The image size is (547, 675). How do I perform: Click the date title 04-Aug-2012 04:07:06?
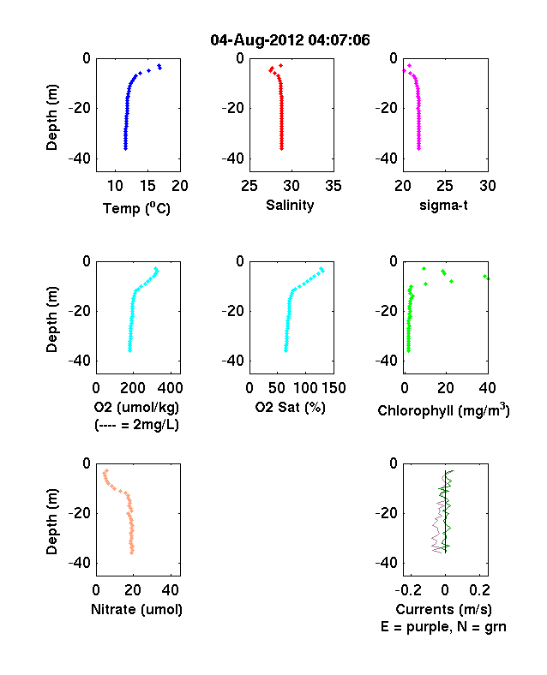click(290, 40)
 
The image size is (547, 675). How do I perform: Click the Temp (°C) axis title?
click(136, 208)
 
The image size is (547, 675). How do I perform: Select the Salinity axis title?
click(290, 205)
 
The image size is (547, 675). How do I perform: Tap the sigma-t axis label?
click(443, 206)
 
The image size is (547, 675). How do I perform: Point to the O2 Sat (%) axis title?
click(291, 407)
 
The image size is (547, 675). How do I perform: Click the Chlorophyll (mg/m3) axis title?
click(443, 409)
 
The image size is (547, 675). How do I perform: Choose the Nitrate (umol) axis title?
click(136, 610)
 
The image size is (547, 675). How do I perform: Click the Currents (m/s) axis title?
click(443, 610)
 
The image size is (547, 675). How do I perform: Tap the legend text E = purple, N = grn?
click(443, 627)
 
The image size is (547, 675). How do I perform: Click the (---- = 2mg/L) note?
click(136, 425)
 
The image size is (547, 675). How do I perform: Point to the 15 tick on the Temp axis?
click(147, 186)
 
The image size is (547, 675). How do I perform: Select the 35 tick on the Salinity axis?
click(334, 186)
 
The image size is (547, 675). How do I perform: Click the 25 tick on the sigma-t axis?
click(445, 186)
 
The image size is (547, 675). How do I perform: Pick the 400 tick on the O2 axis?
click(170, 388)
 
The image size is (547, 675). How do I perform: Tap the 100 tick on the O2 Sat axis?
click(305, 388)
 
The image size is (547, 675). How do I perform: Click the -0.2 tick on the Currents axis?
click(409, 590)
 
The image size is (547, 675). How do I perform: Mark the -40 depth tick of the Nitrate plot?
click(80, 563)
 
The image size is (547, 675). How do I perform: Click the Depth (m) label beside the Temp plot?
click(51, 117)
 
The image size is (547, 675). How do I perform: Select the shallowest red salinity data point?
click(281, 66)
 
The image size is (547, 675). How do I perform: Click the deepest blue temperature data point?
click(125, 148)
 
